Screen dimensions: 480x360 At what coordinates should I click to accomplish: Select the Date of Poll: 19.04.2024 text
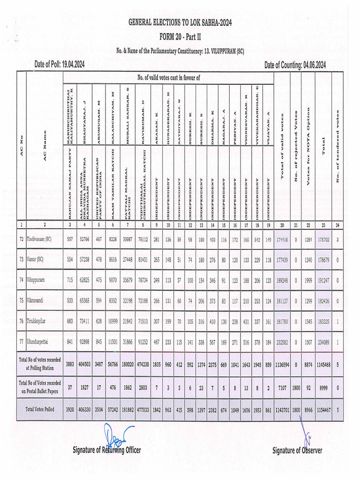pos(66,65)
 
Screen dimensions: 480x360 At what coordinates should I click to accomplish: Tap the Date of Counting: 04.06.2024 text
pos(295,65)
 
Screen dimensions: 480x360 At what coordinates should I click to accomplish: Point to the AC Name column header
pos(45,147)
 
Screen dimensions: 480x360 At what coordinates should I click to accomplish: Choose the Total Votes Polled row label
pos(40,409)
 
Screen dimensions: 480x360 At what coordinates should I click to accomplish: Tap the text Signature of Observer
pos(297,450)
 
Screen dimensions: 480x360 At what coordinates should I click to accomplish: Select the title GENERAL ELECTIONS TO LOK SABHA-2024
pos(180,22)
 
